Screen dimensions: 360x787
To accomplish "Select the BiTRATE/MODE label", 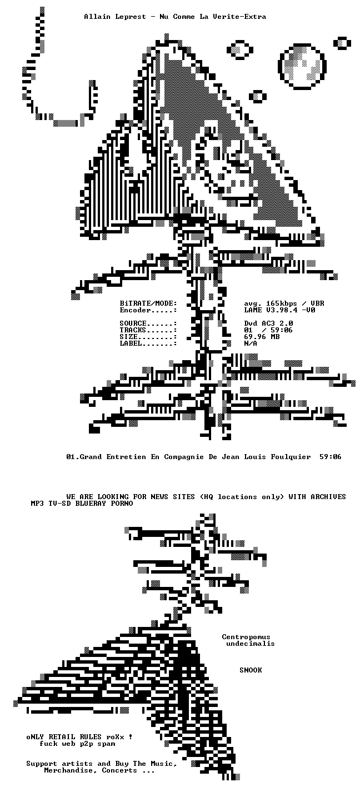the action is pos(148,303).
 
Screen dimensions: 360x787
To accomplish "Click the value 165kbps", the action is pos(281,303).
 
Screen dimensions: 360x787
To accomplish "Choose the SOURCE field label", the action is pos(133,323).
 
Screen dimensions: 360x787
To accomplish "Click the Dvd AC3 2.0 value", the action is pos(269,323).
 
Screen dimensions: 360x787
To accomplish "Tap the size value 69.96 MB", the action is pos(262,337).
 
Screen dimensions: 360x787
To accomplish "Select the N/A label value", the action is pos(251,343).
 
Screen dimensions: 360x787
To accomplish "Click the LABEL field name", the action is pos(131,343).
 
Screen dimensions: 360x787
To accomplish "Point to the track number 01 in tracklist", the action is pos(71,457).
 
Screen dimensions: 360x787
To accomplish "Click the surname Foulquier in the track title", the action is pos(291,457).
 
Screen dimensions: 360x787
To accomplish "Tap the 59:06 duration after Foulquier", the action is pos(331,457).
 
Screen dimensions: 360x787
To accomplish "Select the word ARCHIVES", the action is pos(328,497).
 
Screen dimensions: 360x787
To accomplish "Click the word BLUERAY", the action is pos(91,504).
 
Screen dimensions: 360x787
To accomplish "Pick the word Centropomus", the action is pos(246,637).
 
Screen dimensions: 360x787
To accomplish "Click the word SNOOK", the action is pos(251,670).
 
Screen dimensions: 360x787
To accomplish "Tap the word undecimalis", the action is pos(251,644).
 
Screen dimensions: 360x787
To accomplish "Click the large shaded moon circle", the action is pos(302,66).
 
